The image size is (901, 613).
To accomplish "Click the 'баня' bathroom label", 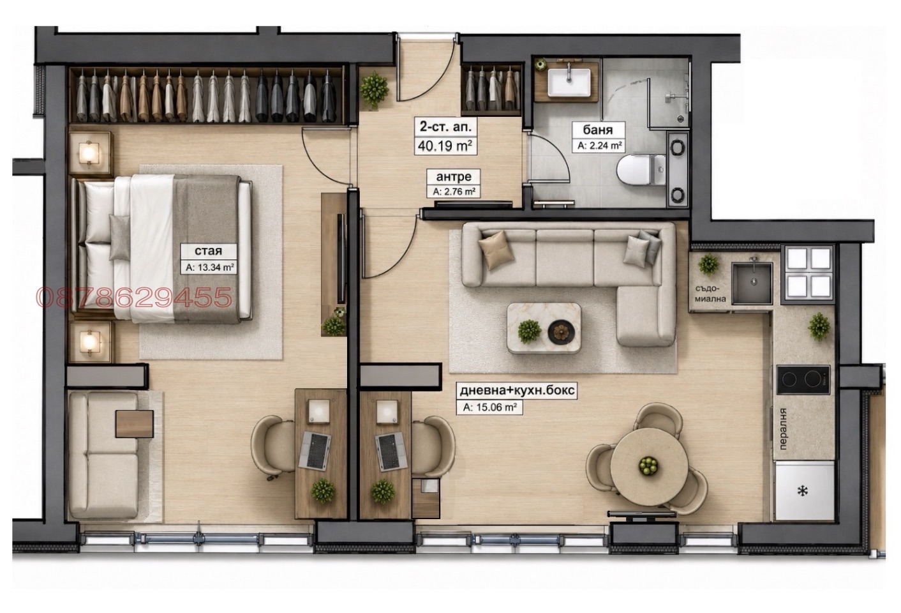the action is (x=598, y=130).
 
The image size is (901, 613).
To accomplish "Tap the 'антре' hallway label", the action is (x=453, y=176).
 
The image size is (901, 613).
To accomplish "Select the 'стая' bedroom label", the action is (x=209, y=251).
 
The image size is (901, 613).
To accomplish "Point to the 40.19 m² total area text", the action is (x=445, y=146).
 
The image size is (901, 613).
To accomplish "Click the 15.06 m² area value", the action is (x=489, y=407).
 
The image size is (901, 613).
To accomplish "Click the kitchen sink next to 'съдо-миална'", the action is (x=752, y=283).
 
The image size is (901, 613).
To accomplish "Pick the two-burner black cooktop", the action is (x=803, y=379).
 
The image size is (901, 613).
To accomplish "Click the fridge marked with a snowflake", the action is (x=803, y=490).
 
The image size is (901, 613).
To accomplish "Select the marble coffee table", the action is (x=544, y=328).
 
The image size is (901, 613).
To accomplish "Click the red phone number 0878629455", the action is (x=134, y=297).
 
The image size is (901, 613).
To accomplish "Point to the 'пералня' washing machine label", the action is (x=782, y=429).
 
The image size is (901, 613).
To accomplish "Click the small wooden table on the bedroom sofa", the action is (x=134, y=424).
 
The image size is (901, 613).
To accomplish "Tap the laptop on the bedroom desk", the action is (x=315, y=450).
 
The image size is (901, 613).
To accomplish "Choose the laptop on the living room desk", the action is (x=391, y=450).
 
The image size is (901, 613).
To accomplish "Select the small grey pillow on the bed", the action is (x=120, y=238).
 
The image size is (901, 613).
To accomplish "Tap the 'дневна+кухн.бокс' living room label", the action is (x=517, y=390).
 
